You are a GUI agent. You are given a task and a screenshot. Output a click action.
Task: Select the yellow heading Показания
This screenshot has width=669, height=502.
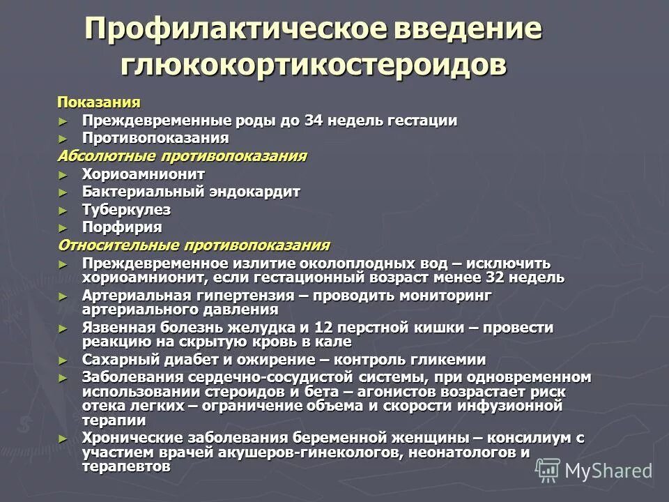pyautogui.click(x=98, y=102)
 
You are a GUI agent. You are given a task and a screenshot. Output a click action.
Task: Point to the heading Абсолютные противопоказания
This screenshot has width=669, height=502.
pyautogui.click(x=182, y=155)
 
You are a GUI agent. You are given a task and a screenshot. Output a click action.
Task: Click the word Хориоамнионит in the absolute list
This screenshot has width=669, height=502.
pyautogui.click(x=144, y=174)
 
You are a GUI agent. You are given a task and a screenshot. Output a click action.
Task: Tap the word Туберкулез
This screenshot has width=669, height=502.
pyautogui.click(x=126, y=210)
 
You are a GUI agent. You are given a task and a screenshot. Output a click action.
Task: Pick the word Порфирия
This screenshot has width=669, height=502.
pyautogui.click(x=122, y=227)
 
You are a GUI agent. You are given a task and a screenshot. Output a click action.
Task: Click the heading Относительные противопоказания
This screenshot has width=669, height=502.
pyautogui.click(x=194, y=245)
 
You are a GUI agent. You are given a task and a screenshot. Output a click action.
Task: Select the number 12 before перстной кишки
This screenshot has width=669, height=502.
pyautogui.click(x=322, y=328)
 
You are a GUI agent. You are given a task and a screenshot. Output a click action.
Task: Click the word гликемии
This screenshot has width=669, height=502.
pyautogui.click(x=450, y=360)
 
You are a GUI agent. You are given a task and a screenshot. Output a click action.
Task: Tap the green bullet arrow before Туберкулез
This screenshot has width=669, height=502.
pyautogui.click(x=64, y=210)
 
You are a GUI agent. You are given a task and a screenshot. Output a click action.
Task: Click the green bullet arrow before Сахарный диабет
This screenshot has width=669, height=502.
pyautogui.click(x=64, y=360)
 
